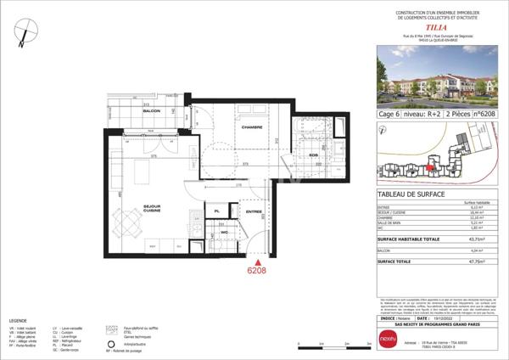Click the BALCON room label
click(x=151, y=111)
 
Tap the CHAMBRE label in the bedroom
click(x=251, y=127)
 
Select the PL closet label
click(x=217, y=211)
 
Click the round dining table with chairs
click(x=130, y=222)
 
